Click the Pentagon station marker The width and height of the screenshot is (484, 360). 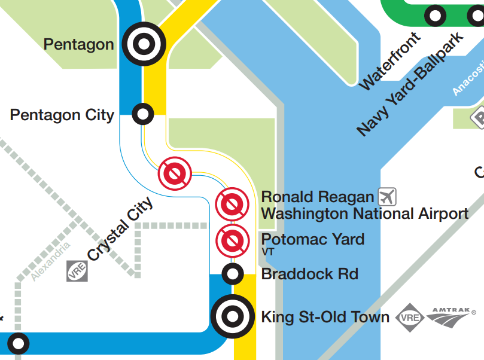(144, 43)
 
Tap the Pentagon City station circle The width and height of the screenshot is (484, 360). (142, 113)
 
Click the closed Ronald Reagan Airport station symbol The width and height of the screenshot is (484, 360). (232, 203)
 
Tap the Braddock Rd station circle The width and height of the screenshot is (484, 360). (232, 274)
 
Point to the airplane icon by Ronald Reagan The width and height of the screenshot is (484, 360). (387, 196)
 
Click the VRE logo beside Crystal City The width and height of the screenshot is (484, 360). (77, 271)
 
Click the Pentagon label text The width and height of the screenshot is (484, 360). (78, 44)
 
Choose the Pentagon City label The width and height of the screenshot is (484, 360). (62, 115)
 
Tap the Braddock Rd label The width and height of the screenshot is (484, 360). (310, 274)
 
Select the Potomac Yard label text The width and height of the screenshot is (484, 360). (313, 239)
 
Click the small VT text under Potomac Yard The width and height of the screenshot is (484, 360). (267, 252)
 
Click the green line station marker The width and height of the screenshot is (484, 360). (435, 15)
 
